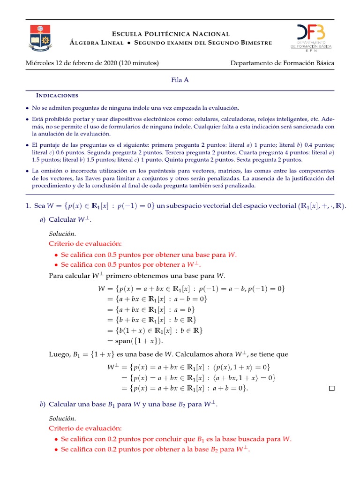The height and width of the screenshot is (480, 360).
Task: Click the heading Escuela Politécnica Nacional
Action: pos(171,34)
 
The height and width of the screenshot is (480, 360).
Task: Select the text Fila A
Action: pos(180,80)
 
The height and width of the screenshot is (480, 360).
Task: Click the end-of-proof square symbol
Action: pos(332,388)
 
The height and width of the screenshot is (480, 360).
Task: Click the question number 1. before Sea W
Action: pos(28,206)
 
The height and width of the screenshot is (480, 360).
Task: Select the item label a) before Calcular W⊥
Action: pos(42,219)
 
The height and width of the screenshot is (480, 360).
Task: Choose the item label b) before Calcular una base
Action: pos(42,404)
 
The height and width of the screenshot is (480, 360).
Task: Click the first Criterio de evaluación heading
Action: pos(85,243)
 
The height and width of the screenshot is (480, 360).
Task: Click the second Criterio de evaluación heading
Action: pos(85,428)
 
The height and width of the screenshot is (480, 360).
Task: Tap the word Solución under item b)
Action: pos(62,418)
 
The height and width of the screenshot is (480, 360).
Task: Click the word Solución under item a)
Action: pos(62,233)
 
